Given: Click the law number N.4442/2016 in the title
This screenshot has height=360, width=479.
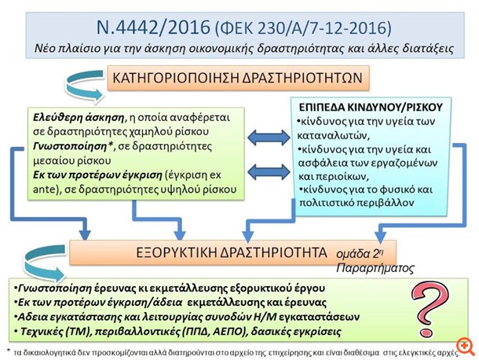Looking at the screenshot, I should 152,26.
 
